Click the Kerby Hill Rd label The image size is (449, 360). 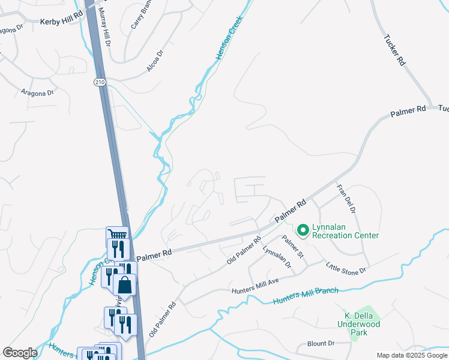61,21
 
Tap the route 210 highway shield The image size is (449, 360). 100,81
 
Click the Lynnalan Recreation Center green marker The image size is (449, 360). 303,229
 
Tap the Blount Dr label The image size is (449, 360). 321,343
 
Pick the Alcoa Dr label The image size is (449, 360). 155,62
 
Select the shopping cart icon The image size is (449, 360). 118,236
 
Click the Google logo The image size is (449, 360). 20,353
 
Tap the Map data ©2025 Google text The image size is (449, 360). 411,355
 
